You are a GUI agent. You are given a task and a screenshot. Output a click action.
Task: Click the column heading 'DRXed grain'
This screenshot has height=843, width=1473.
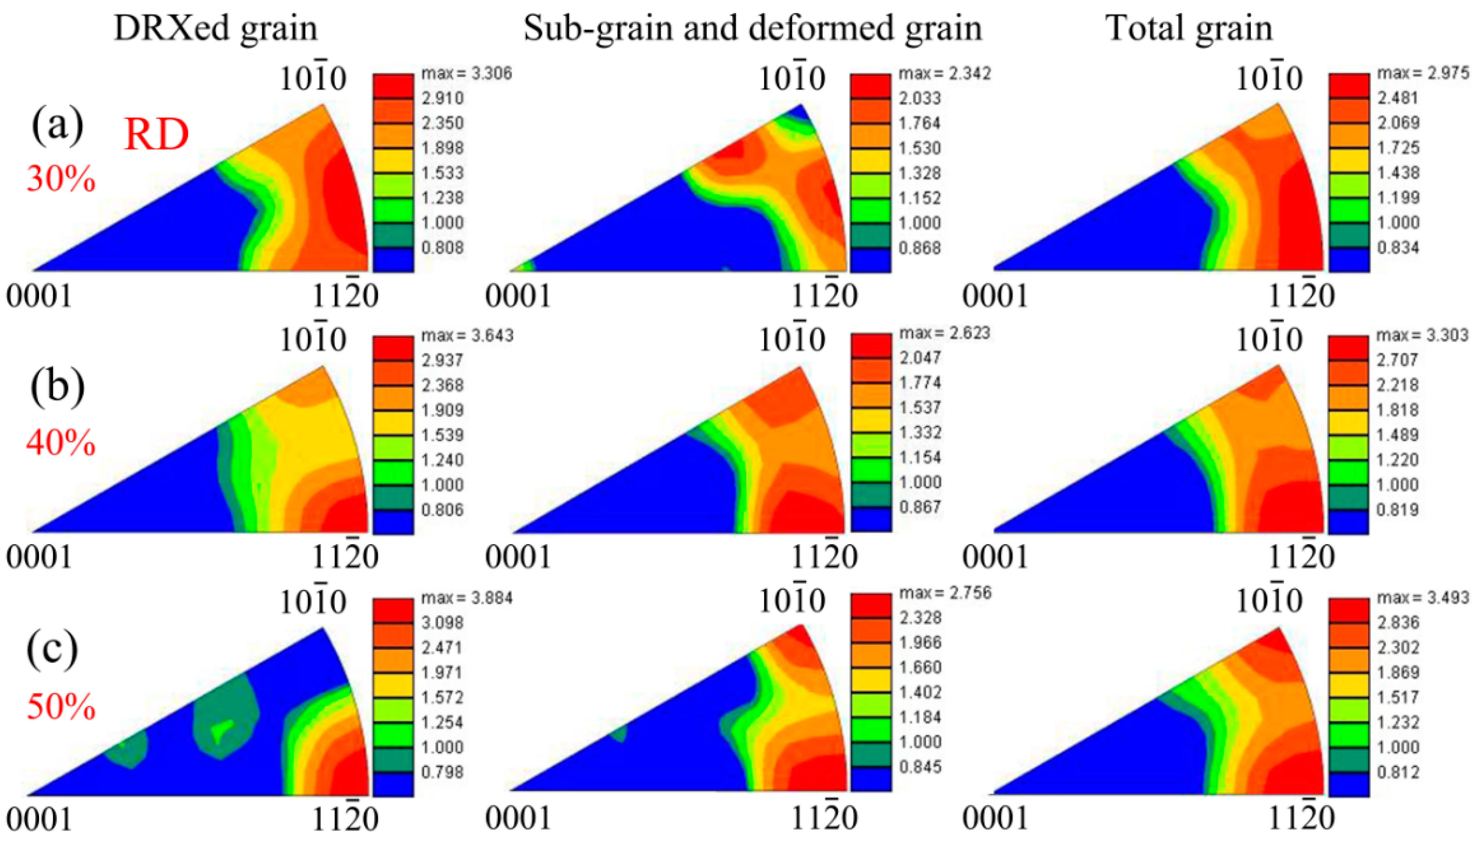215,28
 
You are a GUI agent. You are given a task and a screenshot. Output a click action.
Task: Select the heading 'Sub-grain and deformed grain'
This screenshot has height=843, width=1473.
753,28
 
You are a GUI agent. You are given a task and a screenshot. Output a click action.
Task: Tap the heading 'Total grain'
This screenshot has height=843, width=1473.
1189,28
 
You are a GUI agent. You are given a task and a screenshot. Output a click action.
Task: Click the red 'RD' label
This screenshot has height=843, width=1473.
156,134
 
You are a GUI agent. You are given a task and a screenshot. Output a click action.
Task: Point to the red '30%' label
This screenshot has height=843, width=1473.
61,178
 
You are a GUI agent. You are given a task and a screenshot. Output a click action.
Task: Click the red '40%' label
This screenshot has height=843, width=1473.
61,443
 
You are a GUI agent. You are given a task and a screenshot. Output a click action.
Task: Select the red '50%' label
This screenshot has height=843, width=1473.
61,707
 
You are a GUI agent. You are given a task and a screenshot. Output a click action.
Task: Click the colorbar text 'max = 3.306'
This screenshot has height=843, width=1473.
467,74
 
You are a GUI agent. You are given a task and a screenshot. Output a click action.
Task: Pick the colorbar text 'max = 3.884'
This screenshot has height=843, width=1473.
467,598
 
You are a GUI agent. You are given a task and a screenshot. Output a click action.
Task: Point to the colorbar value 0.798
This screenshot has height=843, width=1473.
442,772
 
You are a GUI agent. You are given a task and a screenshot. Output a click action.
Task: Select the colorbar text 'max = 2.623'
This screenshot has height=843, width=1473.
944,333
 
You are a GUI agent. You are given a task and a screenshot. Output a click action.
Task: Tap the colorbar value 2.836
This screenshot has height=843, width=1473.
1398,622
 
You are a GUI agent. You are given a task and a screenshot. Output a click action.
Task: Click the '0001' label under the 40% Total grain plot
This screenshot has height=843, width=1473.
995,557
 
